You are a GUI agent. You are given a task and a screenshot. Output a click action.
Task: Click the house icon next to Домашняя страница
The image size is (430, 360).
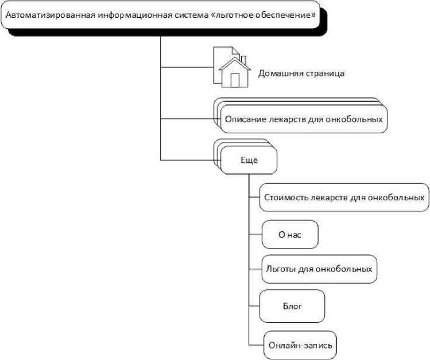click(231, 68)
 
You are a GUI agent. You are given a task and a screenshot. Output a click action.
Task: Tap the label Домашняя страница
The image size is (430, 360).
click(301, 73)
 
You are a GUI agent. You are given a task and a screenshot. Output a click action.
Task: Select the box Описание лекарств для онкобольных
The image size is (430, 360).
click(303, 119)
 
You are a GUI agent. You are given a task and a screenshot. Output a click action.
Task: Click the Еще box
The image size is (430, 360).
click(249, 160)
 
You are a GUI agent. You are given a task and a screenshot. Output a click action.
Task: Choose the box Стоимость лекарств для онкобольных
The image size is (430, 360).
click(344, 198)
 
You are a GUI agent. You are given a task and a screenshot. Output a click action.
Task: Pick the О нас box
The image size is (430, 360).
click(289, 234)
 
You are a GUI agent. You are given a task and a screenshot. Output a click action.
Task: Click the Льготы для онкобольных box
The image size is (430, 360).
click(319, 268)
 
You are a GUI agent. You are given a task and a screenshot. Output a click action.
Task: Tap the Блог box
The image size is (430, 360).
click(292, 305)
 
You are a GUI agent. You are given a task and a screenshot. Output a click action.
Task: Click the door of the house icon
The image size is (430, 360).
click(234, 80)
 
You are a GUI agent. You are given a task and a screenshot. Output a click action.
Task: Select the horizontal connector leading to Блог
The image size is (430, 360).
click(254, 305)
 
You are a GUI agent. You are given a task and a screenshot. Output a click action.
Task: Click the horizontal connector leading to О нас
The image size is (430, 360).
click(255, 234)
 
